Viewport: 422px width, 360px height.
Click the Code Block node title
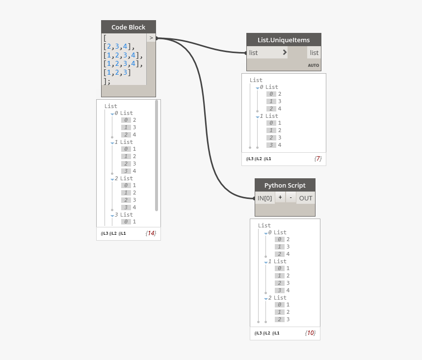[129, 27]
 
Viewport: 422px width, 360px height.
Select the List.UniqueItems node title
[284, 40]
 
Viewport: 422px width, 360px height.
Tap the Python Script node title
[285, 185]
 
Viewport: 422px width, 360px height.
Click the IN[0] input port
[265, 198]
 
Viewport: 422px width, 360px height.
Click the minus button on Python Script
[290, 198]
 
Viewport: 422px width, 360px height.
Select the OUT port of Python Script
[306, 198]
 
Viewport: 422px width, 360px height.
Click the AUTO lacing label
[313, 65]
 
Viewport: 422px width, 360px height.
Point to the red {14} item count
[151, 233]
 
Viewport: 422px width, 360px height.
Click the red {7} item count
[318, 159]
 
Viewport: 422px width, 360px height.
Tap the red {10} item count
[310, 333]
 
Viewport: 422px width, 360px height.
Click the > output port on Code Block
[151, 38]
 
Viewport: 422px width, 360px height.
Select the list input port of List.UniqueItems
[267, 53]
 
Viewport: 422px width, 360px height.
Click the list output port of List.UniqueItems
[314, 53]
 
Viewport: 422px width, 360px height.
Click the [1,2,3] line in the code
[117, 72]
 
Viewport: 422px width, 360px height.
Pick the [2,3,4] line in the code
[119, 46]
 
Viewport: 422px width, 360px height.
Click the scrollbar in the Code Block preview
[157, 156]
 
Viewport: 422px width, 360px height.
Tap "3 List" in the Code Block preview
[124, 215]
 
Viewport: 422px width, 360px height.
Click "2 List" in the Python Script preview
[277, 298]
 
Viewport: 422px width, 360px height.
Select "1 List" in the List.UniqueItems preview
[269, 116]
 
